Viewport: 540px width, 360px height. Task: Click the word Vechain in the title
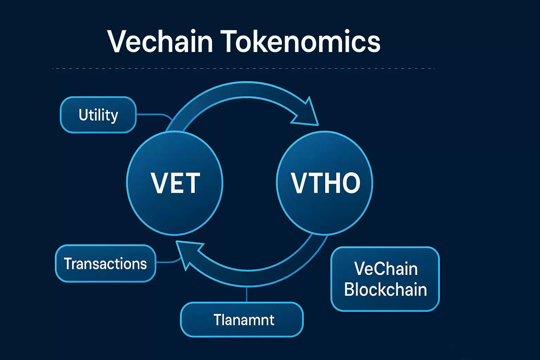[x=160, y=41]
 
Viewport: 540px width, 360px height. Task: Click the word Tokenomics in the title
[x=301, y=41]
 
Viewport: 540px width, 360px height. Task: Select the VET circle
[x=175, y=183]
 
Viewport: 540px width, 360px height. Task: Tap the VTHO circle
[x=325, y=183]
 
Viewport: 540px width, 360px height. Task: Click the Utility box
[x=98, y=115]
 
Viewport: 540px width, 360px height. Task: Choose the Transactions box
[x=105, y=264]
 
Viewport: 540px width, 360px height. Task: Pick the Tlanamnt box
[x=242, y=320]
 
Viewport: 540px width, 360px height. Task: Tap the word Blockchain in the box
[x=385, y=290]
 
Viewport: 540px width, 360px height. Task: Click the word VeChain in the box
[x=386, y=269]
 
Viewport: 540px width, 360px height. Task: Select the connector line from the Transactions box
[x=167, y=262]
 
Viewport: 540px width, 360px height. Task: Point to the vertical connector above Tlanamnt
[x=247, y=294]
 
